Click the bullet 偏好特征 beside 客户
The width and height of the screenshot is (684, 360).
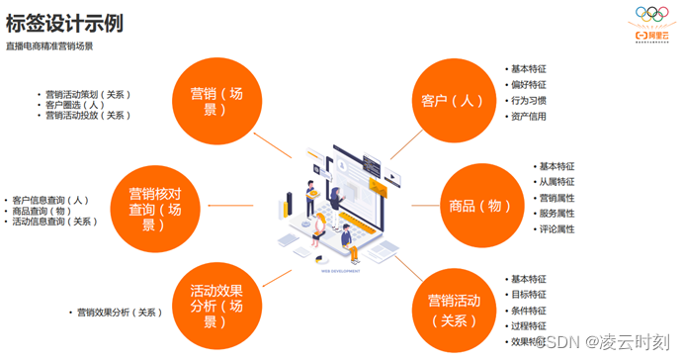[x=528, y=85]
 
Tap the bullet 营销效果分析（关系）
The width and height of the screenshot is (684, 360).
[x=119, y=313]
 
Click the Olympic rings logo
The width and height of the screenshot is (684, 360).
[x=651, y=15]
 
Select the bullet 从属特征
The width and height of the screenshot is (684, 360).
[x=556, y=182]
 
